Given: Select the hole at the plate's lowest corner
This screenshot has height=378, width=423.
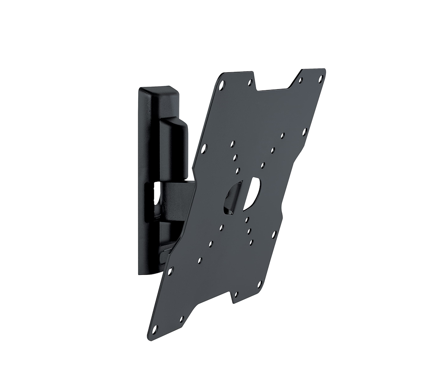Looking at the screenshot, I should [154, 328].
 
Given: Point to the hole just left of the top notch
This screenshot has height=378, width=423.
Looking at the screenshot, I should [250, 82].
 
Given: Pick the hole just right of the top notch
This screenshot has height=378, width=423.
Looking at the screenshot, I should [300, 79].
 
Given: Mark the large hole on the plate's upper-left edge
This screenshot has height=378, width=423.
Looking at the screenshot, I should [204, 148].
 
